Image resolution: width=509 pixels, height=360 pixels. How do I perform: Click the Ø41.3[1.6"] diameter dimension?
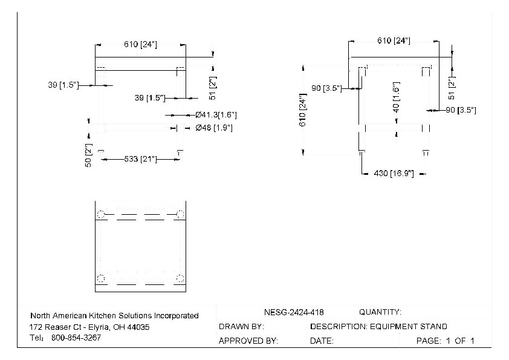click(216, 114)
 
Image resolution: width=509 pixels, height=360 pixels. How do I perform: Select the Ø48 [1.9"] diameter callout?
click(214, 128)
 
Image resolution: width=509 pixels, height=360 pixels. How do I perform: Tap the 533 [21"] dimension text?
click(140, 159)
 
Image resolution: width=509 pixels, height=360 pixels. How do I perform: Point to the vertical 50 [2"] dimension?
click(88, 155)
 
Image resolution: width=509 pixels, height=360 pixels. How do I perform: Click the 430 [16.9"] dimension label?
click(393, 174)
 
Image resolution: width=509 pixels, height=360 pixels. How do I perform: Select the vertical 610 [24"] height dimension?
click(303, 111)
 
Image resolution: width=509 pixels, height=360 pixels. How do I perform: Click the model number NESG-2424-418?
click(294, 312)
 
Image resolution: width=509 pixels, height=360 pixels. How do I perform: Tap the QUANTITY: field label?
click(380, 312)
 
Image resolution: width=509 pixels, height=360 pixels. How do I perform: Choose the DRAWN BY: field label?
click(241, 327)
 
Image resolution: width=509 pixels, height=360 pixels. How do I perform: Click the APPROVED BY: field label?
click(248, 341)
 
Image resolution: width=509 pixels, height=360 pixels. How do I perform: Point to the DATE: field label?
click(322, 341)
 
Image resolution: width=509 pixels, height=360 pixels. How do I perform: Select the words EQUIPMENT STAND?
click(409, 327)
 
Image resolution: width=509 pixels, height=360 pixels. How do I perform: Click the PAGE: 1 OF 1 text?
click(445, 341)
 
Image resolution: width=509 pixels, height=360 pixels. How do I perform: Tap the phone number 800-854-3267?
click(76, 338)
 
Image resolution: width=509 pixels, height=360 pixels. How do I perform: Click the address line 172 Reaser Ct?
click(89, 327)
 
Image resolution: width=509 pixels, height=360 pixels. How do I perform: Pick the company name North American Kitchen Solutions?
click(114, 315)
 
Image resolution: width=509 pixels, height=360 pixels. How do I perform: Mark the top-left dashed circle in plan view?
click(101, 214)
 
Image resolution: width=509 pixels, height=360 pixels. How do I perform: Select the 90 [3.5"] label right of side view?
click(461, 110)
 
